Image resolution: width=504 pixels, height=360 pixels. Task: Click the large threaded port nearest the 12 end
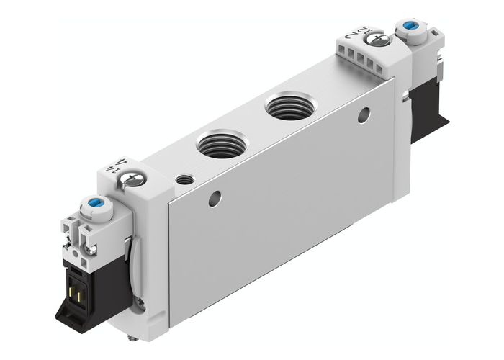284,107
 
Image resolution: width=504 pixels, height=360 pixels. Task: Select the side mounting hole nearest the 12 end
364,114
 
